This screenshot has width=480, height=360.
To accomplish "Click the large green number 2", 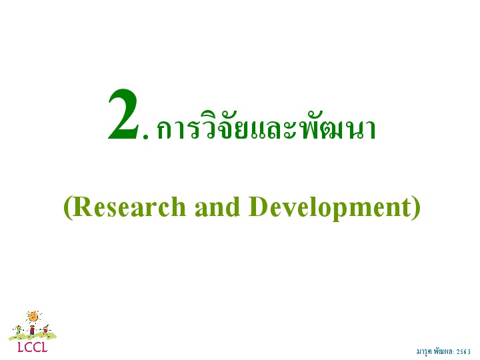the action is (124, 114).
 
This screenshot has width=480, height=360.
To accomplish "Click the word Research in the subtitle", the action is (129, 206).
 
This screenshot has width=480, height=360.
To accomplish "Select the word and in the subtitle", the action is (217, 206).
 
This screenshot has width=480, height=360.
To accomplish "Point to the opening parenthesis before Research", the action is (67, 207).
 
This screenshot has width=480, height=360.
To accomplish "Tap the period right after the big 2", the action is (145, 137).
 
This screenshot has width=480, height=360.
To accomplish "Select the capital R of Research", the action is (82, 207).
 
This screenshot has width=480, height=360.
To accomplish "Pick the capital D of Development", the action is (259, 207).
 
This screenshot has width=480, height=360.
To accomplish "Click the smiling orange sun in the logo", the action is (33, 317).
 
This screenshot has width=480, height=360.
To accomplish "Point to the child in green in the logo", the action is (19, 330).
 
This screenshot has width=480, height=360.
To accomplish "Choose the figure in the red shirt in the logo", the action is (32, 330).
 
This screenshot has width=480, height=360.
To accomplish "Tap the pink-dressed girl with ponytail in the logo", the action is (45, 330).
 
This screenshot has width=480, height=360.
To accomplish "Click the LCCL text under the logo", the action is (33, 347).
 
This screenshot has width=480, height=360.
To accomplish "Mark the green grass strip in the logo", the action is (33, 336).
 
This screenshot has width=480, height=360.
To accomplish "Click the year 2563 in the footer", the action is (463, 352).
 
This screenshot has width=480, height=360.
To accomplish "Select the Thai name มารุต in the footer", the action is (424, 352).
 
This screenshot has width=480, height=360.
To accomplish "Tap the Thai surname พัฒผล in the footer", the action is (443, 351).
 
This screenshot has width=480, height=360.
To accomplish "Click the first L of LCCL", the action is (21, 347).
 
